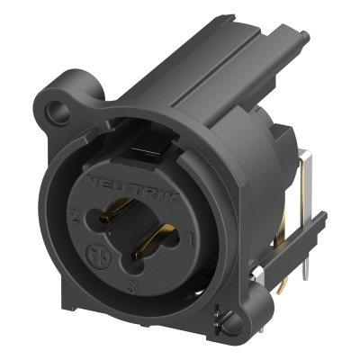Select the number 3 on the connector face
coord(133,288)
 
